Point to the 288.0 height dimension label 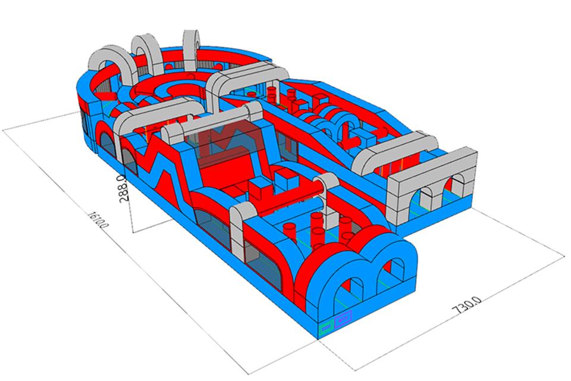pos(123,188)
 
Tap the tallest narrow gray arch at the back pos(191,49)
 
